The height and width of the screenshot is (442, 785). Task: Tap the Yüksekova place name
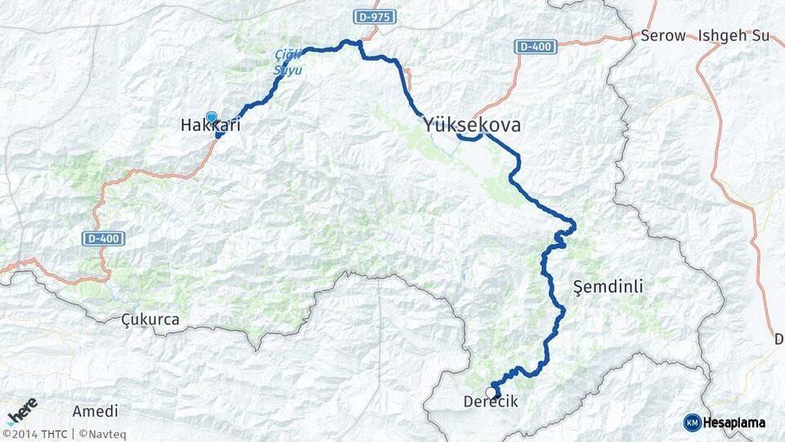pyautogui.click(x=472, y=125)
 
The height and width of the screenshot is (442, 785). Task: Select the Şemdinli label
pyautogui.click(x=608, y=286)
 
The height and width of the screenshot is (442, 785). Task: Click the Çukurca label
pyautogui.click(x=150, y=319)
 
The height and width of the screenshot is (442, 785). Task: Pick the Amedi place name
pyautogui.click(x=95, y=411)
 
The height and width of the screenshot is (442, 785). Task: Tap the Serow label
pyautogui.click(x=662, y=36)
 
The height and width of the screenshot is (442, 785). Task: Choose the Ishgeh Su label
pyautogui.click(x=734, y=36)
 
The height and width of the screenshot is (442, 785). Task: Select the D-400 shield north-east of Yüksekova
pyautogui.click(x=536, y=47)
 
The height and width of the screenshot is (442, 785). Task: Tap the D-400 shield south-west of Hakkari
pyautogui.click(x=104, y=238)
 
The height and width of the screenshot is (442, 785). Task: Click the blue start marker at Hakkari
pyautogui.click(x=212, y=117)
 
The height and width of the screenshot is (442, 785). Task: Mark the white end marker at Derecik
pyautogui.click(x=491, y=392)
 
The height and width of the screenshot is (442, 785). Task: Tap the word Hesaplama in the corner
pyautogui.click(x=734, y=422)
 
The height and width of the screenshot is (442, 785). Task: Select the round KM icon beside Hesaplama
pyautogui.click(x=692, y=422)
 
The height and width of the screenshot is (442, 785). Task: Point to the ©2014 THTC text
pyautogui.click(x=35, y=434)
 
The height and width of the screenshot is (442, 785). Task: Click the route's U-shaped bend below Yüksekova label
pyautogui.click(x=469, y=138)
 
